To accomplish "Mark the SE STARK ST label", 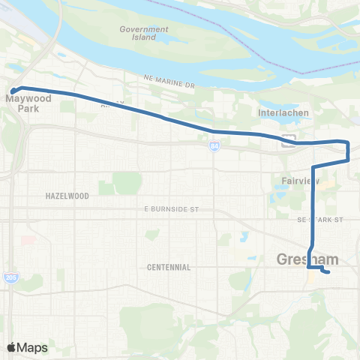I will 319,220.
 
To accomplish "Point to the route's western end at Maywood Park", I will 13,91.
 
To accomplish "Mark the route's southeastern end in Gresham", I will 328,272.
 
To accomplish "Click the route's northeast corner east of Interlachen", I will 347,142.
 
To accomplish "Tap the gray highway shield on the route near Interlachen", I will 289,139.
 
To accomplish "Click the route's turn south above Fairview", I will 313,166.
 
